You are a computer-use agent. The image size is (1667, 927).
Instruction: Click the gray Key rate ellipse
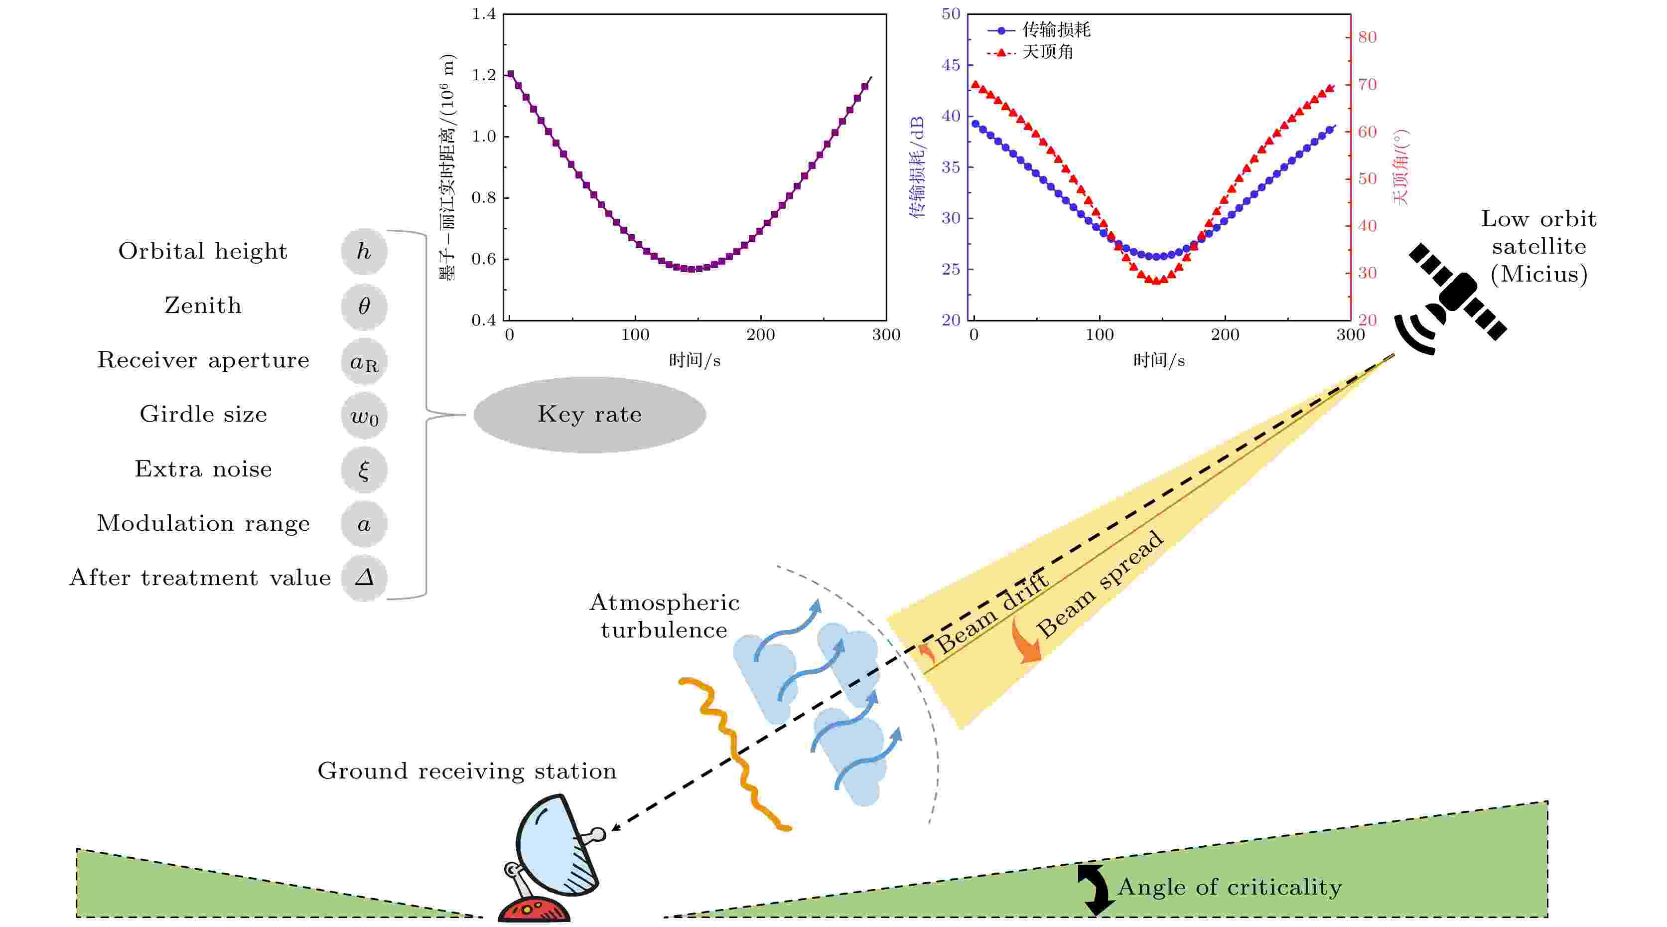click(589, 414)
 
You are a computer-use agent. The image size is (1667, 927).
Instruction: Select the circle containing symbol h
click(364, 251)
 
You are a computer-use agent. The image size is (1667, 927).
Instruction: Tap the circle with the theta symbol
click(364, 306)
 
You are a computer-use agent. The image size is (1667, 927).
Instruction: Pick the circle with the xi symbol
click(364, 469)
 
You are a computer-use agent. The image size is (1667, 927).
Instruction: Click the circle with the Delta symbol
click(364, 578)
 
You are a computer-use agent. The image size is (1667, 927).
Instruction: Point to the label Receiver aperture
click(203, 360)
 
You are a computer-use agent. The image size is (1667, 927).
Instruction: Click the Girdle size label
click(203, 414)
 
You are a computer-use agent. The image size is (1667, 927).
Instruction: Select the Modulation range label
click(203, 523)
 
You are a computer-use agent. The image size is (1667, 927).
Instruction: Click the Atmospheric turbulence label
click(664, 617)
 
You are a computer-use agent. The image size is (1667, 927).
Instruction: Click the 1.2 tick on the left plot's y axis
click(483, 75)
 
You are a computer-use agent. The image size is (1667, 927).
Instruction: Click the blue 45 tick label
click(951, 65)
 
